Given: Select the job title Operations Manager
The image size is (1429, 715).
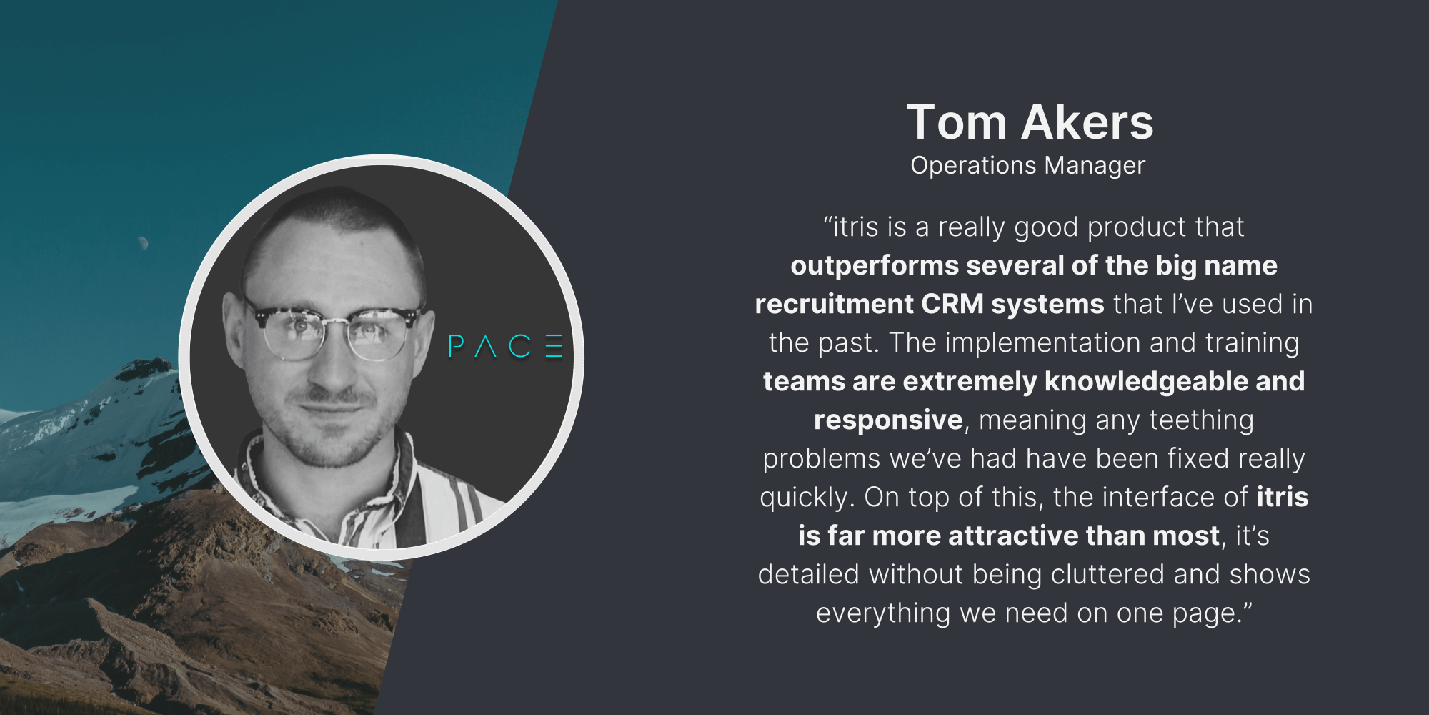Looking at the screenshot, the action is pos(1027,166).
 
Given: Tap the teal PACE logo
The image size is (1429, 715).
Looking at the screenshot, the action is pos(506,346).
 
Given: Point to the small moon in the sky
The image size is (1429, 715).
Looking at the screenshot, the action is pos(144,243).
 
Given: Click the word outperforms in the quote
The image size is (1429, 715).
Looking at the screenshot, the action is pos(875,266).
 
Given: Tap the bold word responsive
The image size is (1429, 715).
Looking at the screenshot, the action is pos(888,420).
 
